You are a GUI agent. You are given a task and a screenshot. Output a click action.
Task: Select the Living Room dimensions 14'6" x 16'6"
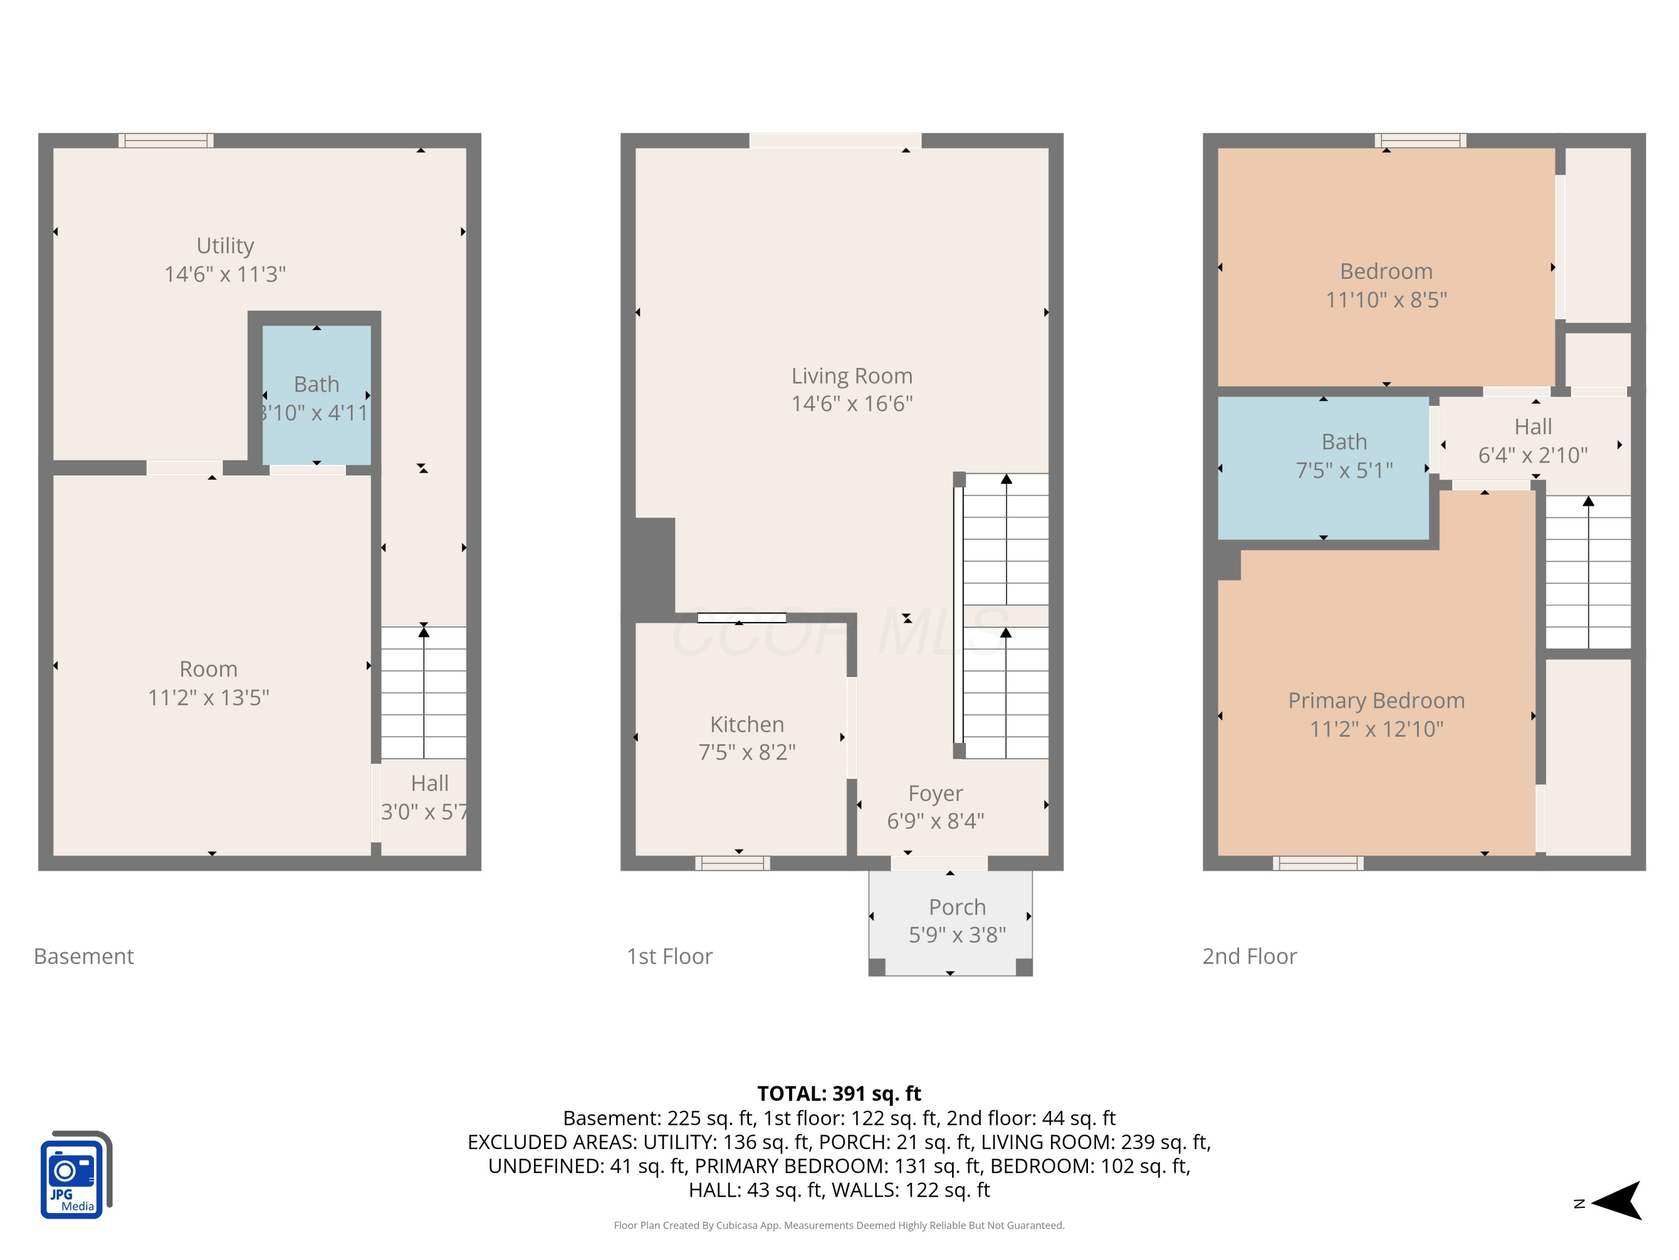pyautogui.click(x=852, y=403)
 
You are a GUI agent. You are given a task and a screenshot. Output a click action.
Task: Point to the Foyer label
pyautogui.click(x=935, y=793)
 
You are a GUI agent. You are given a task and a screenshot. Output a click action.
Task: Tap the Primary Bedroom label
pyautogui.click(x=1376, y=700)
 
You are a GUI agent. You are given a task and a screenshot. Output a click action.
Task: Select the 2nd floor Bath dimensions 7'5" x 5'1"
pyautogui.click(x=1344, y=470)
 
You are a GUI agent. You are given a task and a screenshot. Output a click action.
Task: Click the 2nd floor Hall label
pyautogui.click(x=1532, y=427)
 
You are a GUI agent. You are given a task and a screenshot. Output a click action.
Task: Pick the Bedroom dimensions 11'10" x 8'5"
pyautogui.click(x=1386, y=300)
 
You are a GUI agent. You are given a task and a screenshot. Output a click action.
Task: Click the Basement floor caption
pyautogui.click(x=83, y=956)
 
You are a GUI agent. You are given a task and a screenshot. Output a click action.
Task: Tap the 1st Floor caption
pyautogui.click(x=669, y=956)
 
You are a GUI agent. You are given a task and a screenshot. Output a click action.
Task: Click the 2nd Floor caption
pyautogui.click(x=1249, y=956)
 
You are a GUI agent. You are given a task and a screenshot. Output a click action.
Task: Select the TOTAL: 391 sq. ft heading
pyautogui.click(x=839, y=1094)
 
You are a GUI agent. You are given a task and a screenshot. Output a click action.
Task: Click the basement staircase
pyautogui.click(x=424, y=692)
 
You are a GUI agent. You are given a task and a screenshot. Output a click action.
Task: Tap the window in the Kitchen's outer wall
pyautogui.click(x=733, y=863)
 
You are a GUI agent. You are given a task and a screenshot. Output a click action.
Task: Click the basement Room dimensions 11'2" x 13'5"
pyautogui.click(x=209, y=697)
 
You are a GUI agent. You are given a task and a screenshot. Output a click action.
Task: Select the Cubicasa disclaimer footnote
pyautogui.click(x=839, y=1225)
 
